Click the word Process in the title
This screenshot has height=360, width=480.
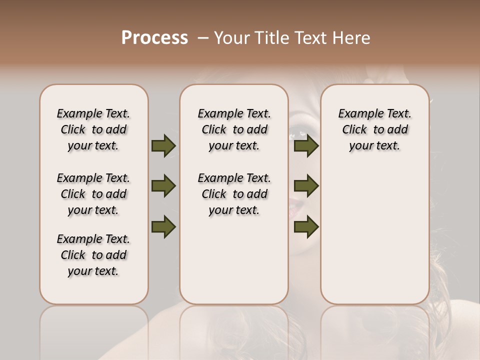[x=154, y=37]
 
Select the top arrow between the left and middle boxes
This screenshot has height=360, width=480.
[x=163, y=145]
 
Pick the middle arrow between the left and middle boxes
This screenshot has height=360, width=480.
[x=163, y=186]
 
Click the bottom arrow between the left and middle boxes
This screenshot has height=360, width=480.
[x=163, y=226]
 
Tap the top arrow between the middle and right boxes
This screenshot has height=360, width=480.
[x=306, y=145]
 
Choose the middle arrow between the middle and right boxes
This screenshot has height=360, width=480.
[x=306, y=186]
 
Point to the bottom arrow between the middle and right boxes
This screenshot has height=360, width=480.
[x=306, y=226]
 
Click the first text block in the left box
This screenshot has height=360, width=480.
[x=93, y=129]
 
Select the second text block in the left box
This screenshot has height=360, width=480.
[x=93, y=194]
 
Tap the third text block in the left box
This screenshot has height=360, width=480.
[x=93, y=255]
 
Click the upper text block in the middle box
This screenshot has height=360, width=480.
[x=234, y=129]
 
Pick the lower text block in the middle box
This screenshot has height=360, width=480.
[x=234, y=194]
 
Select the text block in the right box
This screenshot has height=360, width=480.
[x=374, y=129]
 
